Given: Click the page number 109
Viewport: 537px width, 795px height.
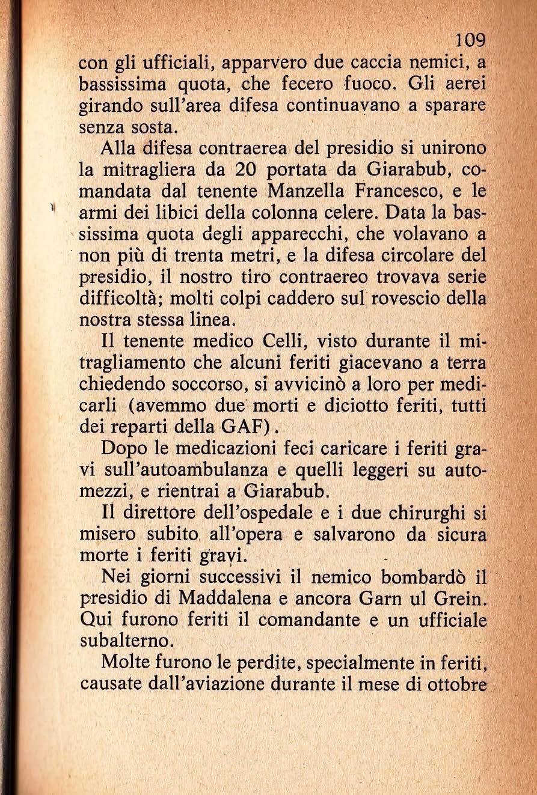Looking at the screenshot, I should coord(470,41).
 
